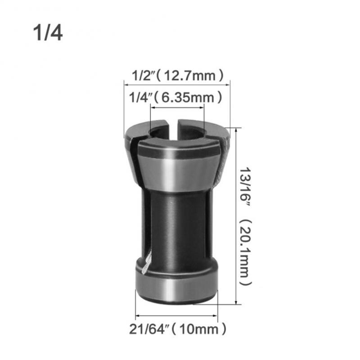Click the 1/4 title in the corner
48,33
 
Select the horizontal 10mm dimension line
177,315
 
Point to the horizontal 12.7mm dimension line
177,82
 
